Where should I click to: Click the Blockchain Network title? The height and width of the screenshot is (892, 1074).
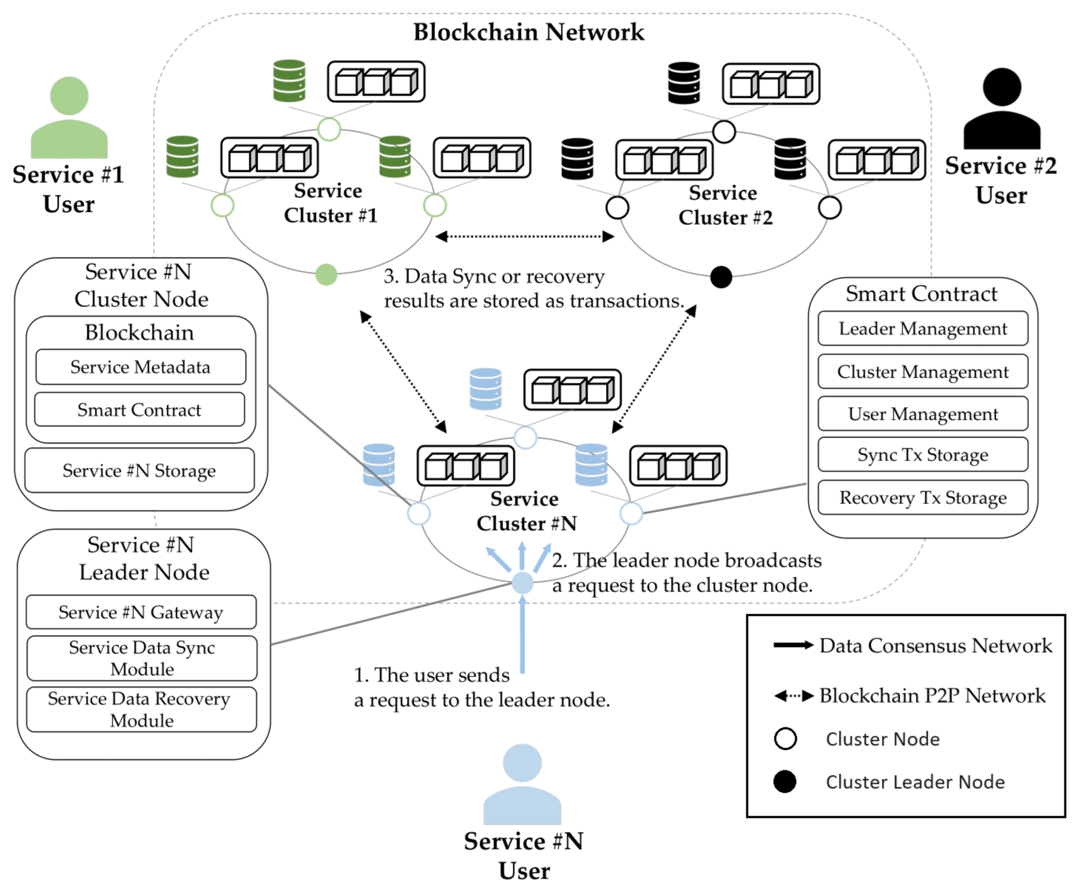coord(528,32)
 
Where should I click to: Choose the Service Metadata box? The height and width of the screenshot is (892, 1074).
coord(140,367)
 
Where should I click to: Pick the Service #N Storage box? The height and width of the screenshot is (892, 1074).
coord(139,470)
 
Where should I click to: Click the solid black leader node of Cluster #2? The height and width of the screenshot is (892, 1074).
coord(721,277)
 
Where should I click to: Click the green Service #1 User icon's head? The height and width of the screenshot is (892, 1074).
coord(69,96)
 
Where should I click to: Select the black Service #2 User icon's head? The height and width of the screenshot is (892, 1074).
coord(1002,87)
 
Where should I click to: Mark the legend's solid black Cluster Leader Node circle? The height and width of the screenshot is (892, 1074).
coord(785,782)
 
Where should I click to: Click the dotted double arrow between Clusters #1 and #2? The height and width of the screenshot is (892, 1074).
coord(524,236)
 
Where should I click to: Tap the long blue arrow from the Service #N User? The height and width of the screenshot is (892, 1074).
coord(522,634)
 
